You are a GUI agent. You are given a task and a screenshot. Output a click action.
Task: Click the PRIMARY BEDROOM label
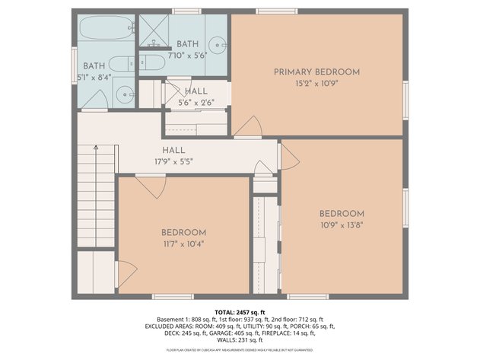click(316, 72)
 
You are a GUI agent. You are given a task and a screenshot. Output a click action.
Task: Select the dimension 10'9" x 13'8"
click(341, 225)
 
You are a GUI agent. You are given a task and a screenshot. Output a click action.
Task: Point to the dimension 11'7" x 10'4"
click(183, 244)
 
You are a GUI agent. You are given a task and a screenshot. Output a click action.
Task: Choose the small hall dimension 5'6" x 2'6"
click(195, 102)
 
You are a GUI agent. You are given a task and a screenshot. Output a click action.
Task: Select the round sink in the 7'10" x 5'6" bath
click(218, 43)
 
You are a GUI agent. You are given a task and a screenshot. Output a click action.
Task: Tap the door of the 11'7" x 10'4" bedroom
click(150, 186)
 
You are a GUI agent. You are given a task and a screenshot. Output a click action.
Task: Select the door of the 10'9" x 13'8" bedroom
click(289, 156)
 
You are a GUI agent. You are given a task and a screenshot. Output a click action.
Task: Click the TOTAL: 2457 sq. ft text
click(240, 312)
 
